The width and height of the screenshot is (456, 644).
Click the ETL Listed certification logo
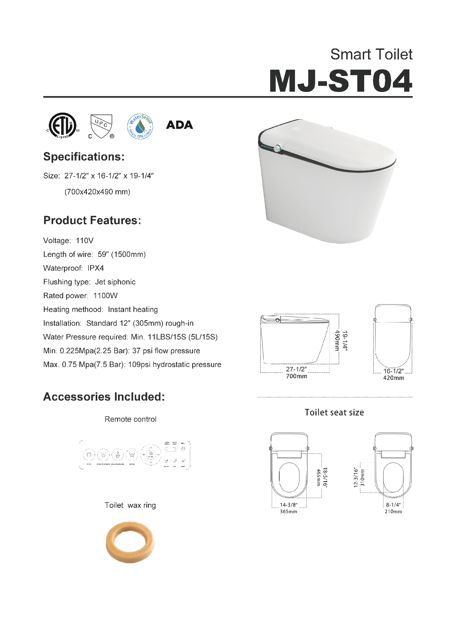click(62, 126)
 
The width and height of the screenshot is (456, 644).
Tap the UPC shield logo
click(101, 126)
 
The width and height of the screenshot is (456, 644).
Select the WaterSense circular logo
click(140, 126)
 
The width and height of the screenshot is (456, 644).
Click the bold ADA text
click(179, 125)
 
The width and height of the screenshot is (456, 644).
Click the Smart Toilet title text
click(371, 55)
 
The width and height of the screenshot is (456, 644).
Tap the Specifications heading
click(84, 157)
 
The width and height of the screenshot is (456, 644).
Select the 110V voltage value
click(85, 241)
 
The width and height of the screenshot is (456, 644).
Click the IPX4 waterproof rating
click(95, 268)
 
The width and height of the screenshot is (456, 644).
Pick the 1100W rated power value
click(105, 296)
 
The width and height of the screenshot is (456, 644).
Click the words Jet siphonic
click(115, 282)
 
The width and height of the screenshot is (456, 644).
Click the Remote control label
click(130, 419)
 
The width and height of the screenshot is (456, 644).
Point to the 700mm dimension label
click(297, 376)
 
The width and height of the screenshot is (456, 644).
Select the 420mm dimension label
click(394, 378)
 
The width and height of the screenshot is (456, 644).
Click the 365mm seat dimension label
click(288, 512)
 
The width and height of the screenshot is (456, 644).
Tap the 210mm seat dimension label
click(393, 512)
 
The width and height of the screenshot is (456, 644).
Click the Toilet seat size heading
click(334, 412)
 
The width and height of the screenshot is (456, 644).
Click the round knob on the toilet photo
click(278, 148)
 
